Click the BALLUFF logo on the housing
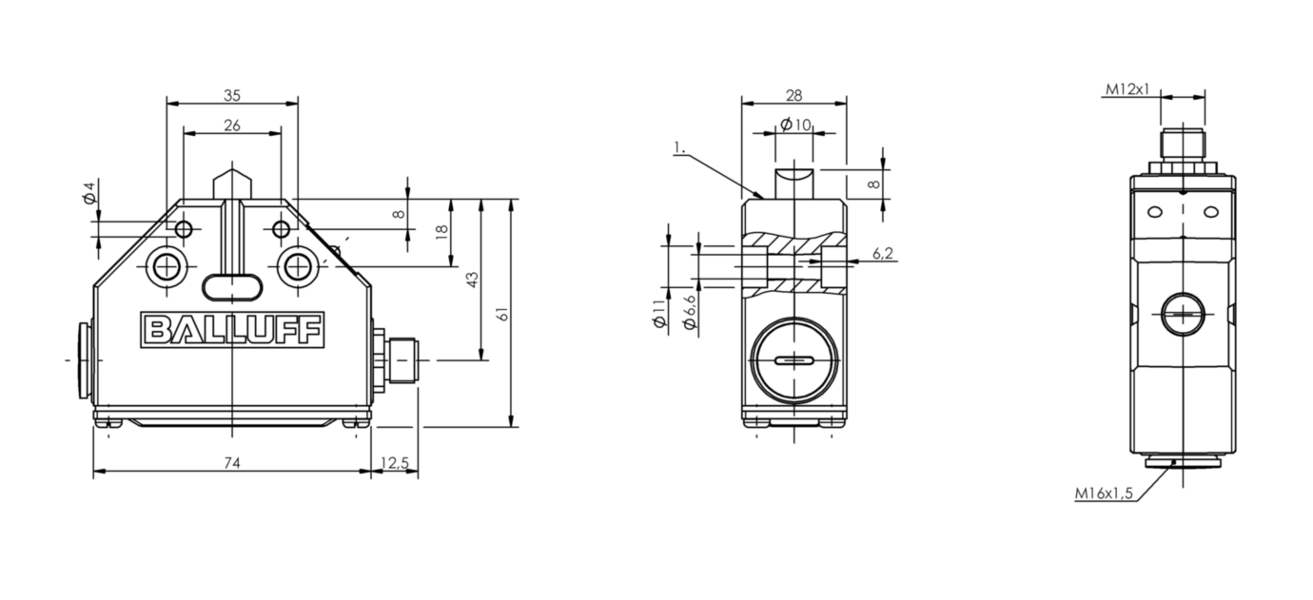pos(232,330)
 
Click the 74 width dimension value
pos(232,463)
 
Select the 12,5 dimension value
pos(395,463)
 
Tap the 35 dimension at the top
pos(232,95)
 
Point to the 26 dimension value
pos(232,126)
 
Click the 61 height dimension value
pos(503,314)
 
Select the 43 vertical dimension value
pos(473,280)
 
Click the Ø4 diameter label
pos(89,193)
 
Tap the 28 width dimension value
pos(794,95)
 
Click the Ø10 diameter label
pos(796,125)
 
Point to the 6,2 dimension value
pos(883,253)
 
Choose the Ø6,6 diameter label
pos(691,312)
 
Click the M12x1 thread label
pos(1127,89)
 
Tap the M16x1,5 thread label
pos(1104,494)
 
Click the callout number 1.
pos(679,147)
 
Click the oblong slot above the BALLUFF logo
pos(232,287)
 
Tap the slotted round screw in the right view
pos(1183,314)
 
